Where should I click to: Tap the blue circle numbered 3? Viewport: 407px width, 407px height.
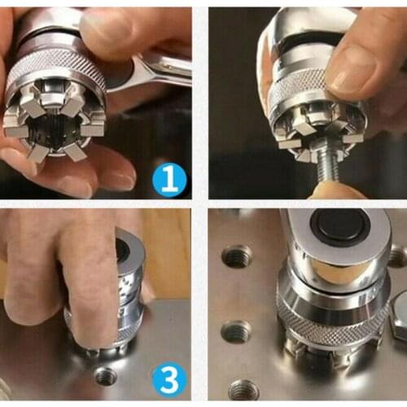168,379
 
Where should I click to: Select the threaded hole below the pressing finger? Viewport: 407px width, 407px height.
106,376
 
